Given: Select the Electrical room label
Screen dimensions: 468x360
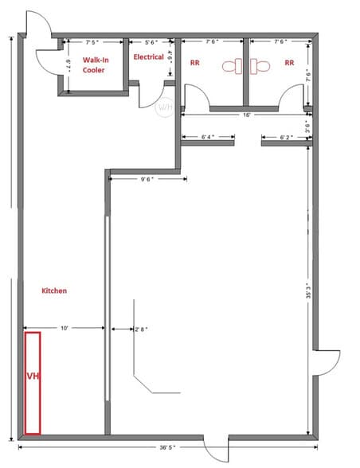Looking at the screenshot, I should (x=149, y=57).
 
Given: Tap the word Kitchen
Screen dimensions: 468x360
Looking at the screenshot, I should (x=54, y=291).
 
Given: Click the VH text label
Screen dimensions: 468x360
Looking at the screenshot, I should (x=33, y=376).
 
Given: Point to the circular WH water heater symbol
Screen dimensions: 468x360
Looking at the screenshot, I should (x=165, y=107).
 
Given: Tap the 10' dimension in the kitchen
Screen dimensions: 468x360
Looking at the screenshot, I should (x=64, y=327).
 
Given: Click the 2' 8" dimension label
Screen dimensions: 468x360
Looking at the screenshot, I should (x=141, y=328).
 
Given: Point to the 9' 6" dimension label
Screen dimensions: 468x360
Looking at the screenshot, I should (x=147, y=179).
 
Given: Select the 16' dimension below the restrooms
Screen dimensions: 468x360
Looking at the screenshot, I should (x=248, y=115).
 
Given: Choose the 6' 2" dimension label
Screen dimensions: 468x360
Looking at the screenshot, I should (x=287, y=137).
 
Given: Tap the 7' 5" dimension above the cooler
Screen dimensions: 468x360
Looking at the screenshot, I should (x=93, y=41).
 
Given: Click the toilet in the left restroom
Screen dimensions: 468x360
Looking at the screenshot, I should (x=231, y=66).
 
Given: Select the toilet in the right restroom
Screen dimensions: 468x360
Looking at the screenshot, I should (x=261, y=66).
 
